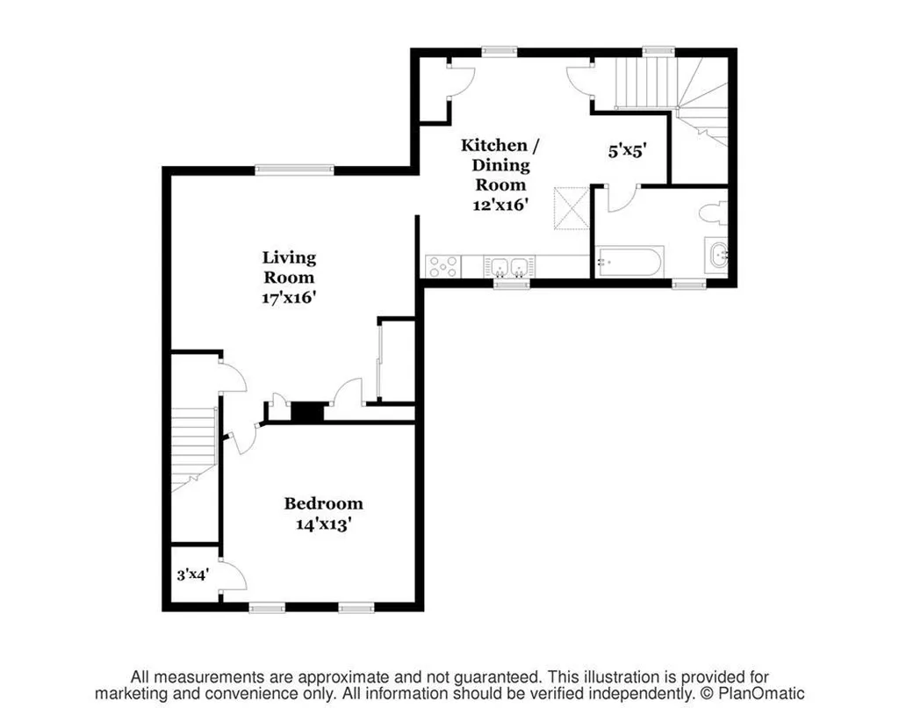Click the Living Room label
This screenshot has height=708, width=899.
click(x=289, y=267)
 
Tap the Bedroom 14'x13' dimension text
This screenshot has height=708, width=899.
click(x=323, y=524)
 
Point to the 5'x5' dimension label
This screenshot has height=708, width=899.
click(x=627, y=151)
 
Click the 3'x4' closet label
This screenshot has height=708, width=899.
click(x=192, y=574)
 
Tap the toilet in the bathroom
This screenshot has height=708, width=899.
click(x=714, y=213)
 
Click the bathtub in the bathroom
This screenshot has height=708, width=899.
click(x=629, y=262)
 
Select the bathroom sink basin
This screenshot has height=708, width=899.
click(x=716, y=256)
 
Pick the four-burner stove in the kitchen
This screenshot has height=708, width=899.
click(x=443, y=267)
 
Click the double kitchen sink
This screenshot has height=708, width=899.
click(x=509, y=267)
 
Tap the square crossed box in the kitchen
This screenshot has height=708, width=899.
click(x=571, y=208)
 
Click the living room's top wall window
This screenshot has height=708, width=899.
click(x=295, y=170)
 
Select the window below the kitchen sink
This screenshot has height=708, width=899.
click(x=512, y=283)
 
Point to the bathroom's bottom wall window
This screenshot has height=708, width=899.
click(x=689, y=283)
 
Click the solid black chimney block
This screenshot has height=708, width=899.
click(x=307, y=412)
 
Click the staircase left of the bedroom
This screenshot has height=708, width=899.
click(x=194, y=447)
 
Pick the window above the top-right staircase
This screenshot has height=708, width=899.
click(x=658, y=52)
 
